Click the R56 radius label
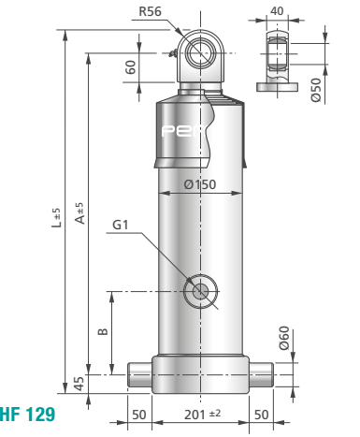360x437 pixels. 150,11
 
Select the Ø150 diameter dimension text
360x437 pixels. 200,184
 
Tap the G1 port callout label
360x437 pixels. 120,225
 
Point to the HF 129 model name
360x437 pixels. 27,415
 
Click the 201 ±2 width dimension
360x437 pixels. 202,415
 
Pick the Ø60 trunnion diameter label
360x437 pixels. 284,338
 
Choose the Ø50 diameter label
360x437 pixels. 316,90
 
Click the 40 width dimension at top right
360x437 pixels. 277,11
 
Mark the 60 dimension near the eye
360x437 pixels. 131,67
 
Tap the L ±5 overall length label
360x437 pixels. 56,218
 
